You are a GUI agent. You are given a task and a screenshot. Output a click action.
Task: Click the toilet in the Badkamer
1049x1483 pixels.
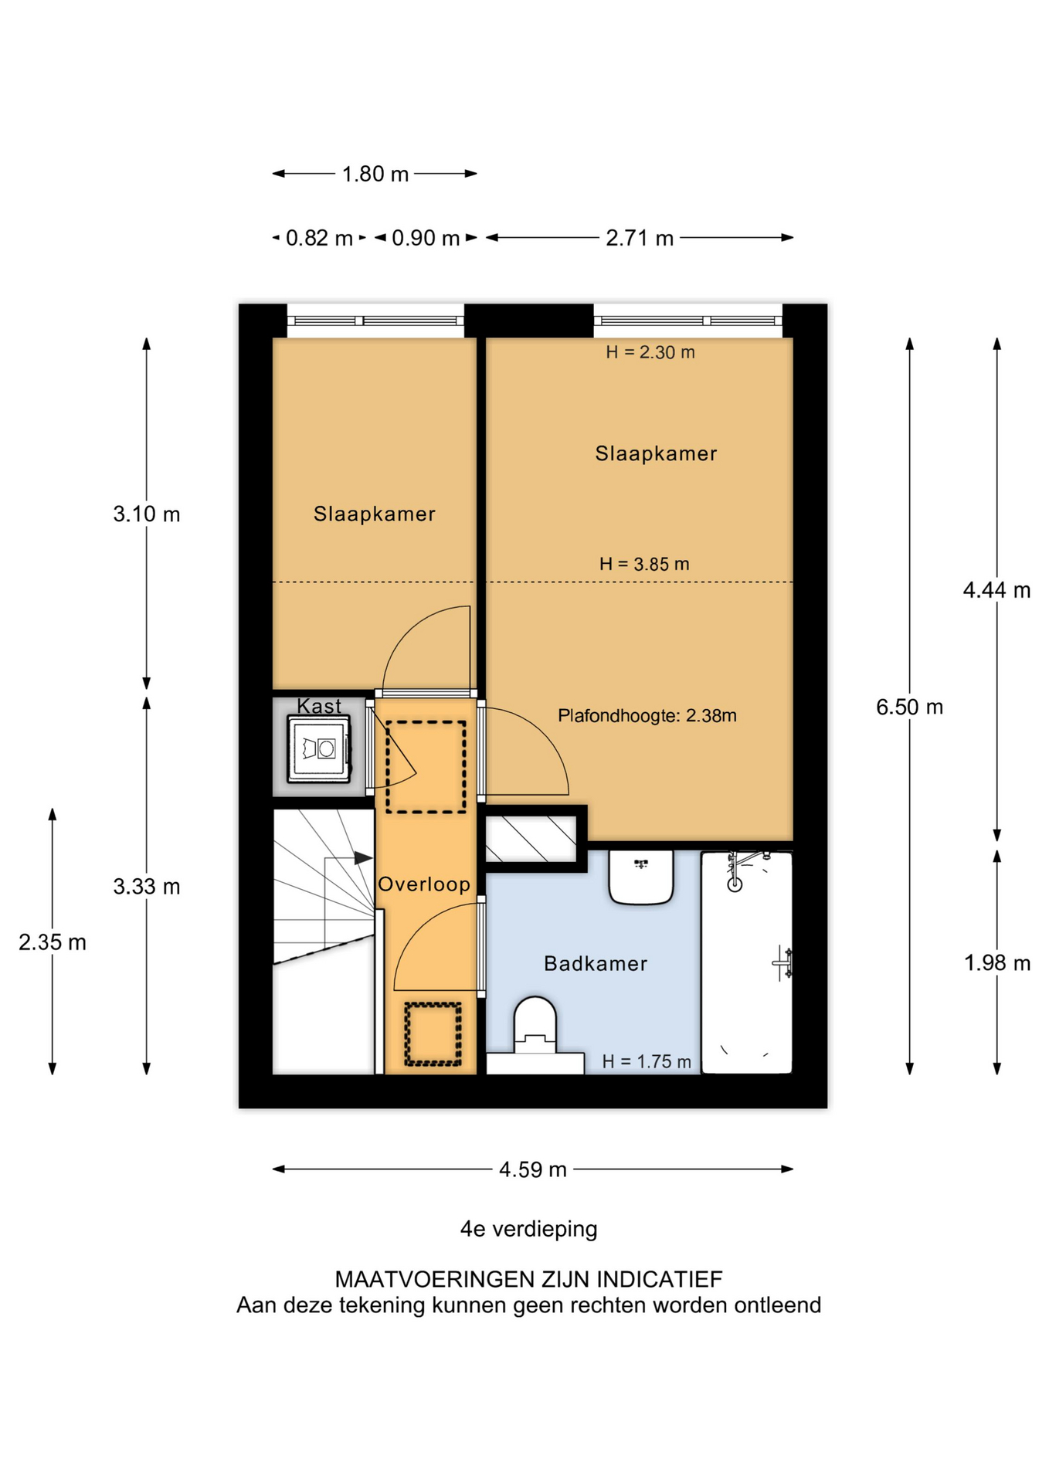click(535, 1035)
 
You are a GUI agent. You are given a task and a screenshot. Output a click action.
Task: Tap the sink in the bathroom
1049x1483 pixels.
click(641, 877)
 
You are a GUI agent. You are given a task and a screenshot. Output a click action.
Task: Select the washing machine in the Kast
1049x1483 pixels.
click(319, 748)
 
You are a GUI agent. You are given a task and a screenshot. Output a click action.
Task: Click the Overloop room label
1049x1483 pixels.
click(424, 884)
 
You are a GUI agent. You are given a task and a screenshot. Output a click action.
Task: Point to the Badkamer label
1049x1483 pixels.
click(596, 963)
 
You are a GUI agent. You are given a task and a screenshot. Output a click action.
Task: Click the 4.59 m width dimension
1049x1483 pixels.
click(533, 1169)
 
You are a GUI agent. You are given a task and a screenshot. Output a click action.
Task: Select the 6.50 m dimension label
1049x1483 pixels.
click(909, 707)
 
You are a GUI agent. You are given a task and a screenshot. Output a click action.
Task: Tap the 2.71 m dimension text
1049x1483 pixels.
click(640, 238)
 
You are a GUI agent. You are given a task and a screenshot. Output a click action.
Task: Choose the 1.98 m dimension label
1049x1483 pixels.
click(997, 963)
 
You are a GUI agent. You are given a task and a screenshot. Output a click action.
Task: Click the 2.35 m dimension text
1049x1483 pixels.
click(53, 942)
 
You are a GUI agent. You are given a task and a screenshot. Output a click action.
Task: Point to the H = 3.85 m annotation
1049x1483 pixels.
click(644, 564)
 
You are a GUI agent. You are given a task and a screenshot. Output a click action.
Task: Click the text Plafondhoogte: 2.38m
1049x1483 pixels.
click(647, 716)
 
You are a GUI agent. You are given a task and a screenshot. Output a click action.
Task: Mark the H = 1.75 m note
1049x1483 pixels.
click(647, 1062)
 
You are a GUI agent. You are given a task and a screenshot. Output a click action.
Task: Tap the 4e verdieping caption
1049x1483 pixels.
click(529, 1229)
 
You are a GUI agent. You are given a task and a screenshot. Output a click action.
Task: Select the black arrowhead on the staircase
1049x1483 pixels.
click(363, 857)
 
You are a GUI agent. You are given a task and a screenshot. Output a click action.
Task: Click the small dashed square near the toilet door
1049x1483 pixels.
click(433, 1034)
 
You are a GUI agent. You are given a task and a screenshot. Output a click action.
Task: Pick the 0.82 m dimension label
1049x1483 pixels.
click(319, 238)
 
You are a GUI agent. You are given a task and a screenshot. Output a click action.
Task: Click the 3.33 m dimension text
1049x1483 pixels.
click(147, 887)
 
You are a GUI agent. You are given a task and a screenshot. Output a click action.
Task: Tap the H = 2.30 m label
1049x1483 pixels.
click(650, 352)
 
